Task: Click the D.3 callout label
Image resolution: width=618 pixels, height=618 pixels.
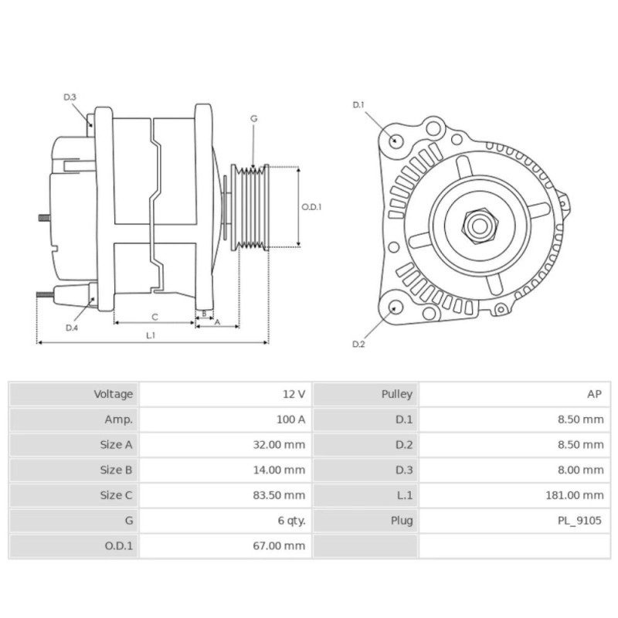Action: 70,97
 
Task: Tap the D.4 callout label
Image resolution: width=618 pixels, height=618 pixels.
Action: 72,328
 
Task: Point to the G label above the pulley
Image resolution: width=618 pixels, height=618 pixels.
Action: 254,118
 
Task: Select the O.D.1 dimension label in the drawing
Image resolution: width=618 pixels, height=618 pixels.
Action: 311,207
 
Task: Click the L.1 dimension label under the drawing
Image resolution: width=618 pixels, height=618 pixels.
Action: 151,335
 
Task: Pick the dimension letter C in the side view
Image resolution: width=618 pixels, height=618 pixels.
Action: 155,317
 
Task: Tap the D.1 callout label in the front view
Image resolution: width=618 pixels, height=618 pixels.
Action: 358,105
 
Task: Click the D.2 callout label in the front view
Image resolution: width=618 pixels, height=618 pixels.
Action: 358,344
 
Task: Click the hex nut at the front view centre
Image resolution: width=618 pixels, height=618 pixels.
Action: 480,226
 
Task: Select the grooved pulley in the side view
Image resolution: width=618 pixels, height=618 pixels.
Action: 250,207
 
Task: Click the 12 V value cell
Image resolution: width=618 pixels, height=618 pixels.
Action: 226,394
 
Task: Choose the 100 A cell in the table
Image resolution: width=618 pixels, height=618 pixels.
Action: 226,419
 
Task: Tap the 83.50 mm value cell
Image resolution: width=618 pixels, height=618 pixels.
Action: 226,495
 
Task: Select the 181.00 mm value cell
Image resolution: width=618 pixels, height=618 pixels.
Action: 514,495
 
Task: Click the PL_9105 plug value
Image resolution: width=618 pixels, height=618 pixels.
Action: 579,521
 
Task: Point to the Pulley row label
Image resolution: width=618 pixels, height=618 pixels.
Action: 397,394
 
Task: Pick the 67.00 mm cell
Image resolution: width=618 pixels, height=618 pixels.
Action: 226,546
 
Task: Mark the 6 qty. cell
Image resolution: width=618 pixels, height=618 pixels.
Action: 226,521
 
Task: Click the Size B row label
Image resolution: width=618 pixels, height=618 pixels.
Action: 117,470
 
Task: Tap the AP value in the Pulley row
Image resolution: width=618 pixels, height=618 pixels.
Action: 594,394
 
